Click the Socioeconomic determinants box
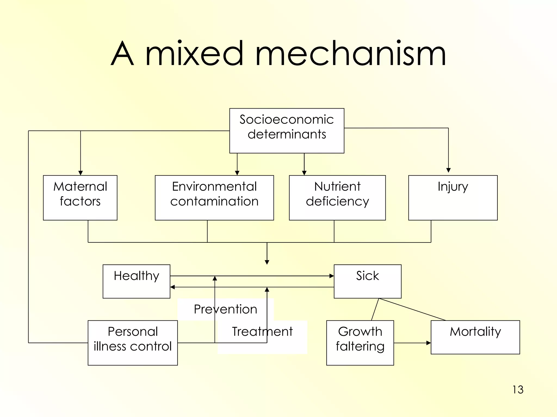[x=287, y=131]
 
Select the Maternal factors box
[x=80, y=198]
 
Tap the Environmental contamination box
[x=214, y=198]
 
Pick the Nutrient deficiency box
[x=337, y=198]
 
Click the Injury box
[x=453, y=198]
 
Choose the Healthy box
[x=136, y=281]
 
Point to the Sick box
[x=367, y=281]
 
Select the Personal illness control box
[x=133, y=343]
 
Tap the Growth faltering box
[x=360, y=343]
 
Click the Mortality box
[x=475, y=337]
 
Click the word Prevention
[x=225, y=309]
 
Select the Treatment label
[x=262, y=331]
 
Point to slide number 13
[x=518, y=390]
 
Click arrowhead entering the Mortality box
[x=429, y=343]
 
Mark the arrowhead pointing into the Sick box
[x=332, y=276]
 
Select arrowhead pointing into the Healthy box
[x=172, y=287]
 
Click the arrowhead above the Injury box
[x=448, y=170]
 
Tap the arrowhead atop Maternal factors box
[x=81, y=173]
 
